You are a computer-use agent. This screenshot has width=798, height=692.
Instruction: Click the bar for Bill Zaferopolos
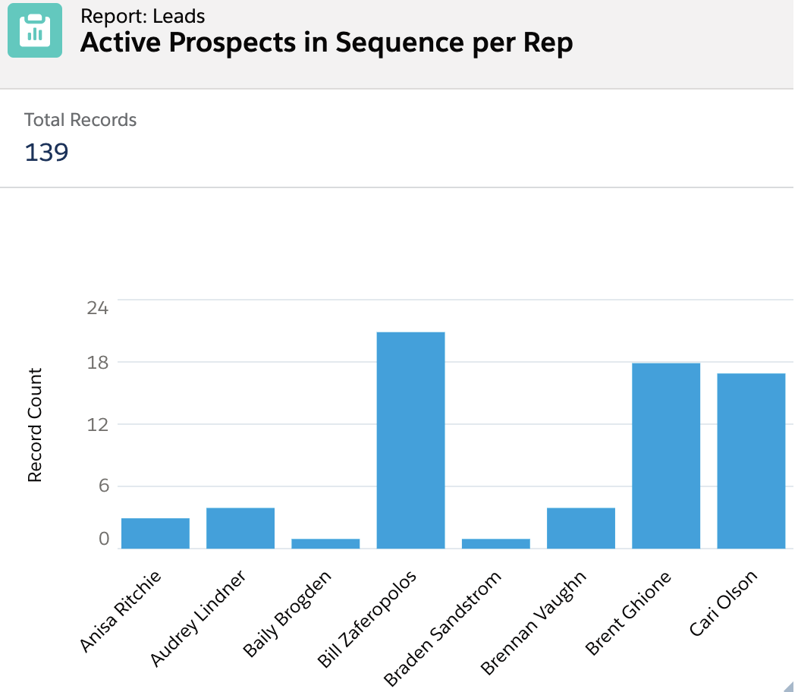coord(410,440)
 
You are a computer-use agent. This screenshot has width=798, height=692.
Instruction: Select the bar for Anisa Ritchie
coord(156,533)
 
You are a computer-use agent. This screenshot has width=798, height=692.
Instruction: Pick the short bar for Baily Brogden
coord(325,543)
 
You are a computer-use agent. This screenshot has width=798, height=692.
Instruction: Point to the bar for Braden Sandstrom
coord(496,543)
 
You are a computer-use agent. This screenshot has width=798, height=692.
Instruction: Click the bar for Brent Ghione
coord(666,455)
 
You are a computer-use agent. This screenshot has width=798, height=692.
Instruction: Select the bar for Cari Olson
coord(751,461)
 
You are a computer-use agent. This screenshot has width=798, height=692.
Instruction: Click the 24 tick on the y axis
coord(98,307)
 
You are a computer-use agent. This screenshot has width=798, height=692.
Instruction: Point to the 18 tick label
coord(98,362)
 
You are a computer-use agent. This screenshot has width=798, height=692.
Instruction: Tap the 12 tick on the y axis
coord(98,424)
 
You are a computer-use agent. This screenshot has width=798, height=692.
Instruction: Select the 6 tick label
coord(103,486)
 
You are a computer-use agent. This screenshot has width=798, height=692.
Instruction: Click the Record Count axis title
coord(35,425)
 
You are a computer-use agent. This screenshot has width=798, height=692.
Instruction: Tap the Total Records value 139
coord(46,153)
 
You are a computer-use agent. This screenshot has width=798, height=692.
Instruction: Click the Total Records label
coord(80,120)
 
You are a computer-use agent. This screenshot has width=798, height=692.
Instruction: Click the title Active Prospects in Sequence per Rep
coord(326,43)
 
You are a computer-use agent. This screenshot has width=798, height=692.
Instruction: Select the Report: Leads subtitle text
coord(143,15)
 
